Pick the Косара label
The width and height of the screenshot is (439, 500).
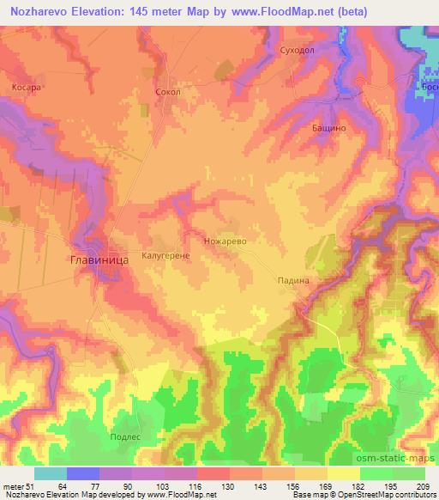pyautogui.click(x=26, y=87)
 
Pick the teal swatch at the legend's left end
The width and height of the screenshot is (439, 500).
pyautogui.click(x=51, y=473)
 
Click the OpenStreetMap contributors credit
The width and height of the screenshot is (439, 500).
pyautogui.click(x=386, y=494)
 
